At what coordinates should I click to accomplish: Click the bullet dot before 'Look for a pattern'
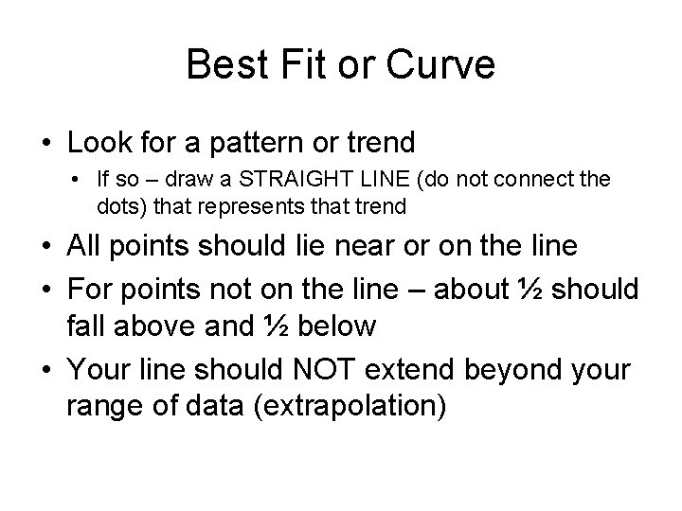click(x=46, y=144)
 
